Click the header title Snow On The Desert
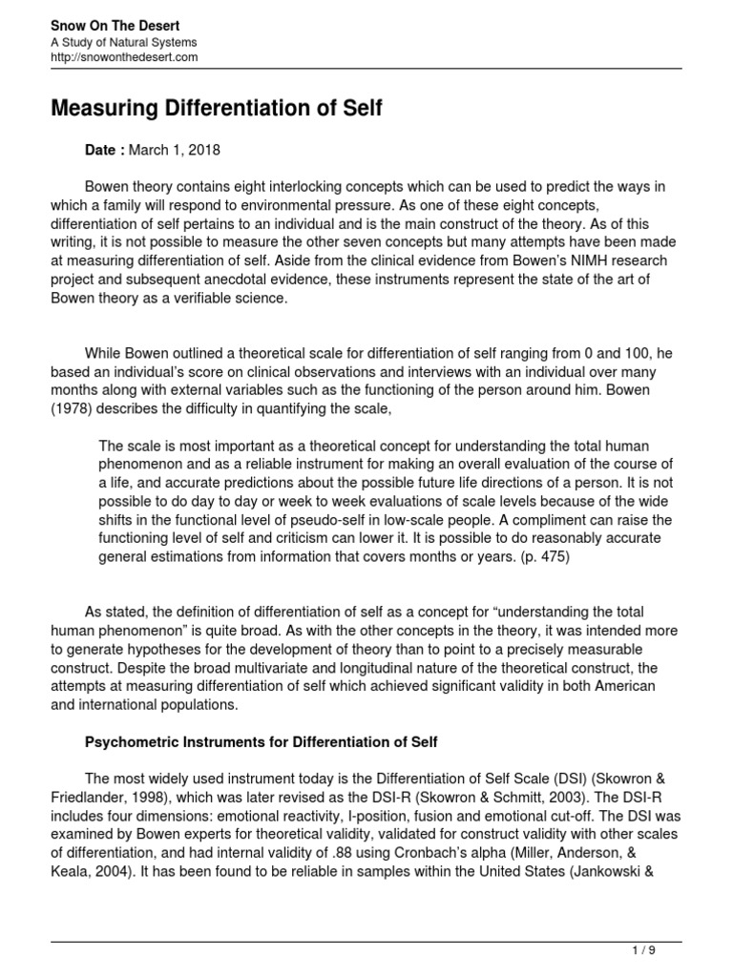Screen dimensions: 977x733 click(x=115, y=25)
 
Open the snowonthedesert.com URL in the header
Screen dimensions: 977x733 click(x=124, y=57)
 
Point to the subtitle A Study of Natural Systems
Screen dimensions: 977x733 click(x=124, y=42)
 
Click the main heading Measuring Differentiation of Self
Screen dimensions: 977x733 click(x=217, y=110)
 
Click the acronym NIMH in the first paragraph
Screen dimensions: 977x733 click(x=581, y=261)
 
